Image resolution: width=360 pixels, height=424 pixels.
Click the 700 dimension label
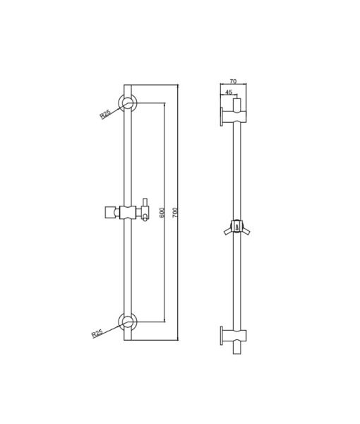(175, 212)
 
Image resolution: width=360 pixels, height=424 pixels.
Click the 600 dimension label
(162, 213)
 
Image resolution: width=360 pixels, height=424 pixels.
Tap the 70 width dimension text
(233, 81)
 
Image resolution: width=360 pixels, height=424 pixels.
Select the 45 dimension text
(229, 92)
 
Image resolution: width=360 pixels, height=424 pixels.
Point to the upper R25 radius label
(105, 114)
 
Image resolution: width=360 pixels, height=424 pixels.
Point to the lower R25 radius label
(97, 333)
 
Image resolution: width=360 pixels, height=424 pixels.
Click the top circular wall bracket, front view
(128, 103)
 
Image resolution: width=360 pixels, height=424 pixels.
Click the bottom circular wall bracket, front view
(128, 322)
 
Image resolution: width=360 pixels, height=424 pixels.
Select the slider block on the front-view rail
(128, 212)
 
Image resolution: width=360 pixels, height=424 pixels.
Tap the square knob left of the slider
(109, 212)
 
